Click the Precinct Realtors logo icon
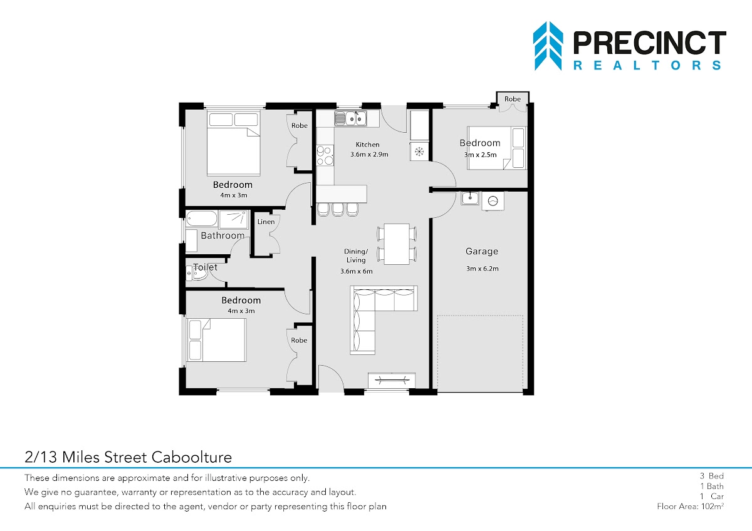(548, 46)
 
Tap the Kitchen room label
(368, 145)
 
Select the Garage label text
(482, 251)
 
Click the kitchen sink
(350, 118)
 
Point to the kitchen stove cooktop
(325, 155)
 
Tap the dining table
(397, 244)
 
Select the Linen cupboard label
(266, 222)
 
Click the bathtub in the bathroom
(201, 219)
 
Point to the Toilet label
(205, 267)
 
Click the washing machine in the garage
(493, 201)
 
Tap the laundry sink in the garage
(470, 198)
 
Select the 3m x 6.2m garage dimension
(483, 269)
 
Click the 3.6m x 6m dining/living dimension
(357, 271)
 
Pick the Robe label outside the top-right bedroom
(513, 99)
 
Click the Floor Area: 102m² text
(690, 506)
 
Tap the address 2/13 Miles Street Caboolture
(128, 457)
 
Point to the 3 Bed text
(712, 476)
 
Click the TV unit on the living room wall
(392, 380)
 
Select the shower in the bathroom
(233, 219)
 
